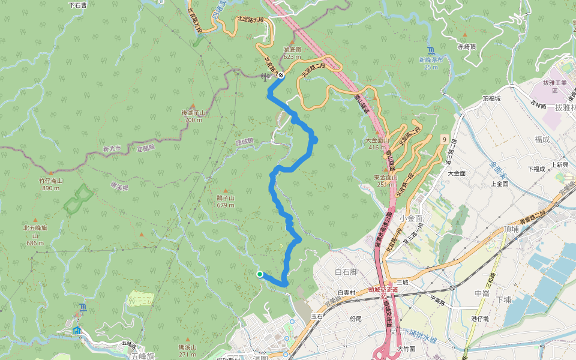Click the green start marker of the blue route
(x=259, y=274)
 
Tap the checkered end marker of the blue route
(x=281, y=76)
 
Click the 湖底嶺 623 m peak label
(x=292, y=53)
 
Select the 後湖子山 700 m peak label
(x=193, y=116)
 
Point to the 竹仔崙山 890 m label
(x=51, y=184)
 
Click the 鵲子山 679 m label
(x=226, y=201)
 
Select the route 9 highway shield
(x=444, y=139)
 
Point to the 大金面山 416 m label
(x=378, y=143)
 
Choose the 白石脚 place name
(x=346, y=272)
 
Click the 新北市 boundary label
(x=112, y=148)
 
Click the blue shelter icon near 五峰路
(x=76, y=330)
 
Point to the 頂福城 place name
(x=491, y=98)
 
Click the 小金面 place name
(x=410, y=218)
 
